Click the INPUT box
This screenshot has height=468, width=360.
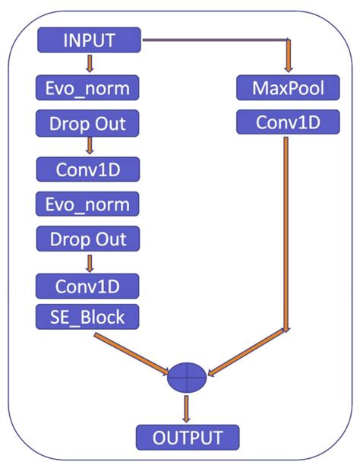[x=89, y=40]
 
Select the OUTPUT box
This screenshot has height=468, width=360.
[x=188, y=438]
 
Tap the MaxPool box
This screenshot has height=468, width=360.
[x=289, y=88]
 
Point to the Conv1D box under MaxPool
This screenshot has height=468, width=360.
[x=289, y=122]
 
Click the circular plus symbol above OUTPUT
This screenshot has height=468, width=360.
[x=186, y=377]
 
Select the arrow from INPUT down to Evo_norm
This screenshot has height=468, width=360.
[x=89, y=63]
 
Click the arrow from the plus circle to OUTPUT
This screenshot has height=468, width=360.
[x=186, y=409]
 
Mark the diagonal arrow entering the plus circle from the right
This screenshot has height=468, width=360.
[x=247, y=353]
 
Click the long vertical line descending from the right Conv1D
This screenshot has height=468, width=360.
[x=286, y=228]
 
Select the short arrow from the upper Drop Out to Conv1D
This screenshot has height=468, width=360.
[x=89, y=145]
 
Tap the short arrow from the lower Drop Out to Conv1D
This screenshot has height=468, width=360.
[x=89, y=263]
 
